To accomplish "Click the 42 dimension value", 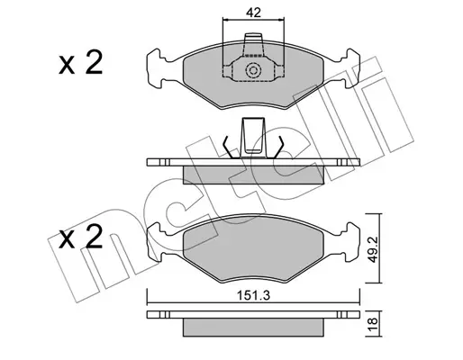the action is [x=253, y=13].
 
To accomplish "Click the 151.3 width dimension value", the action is [x=254, y=295].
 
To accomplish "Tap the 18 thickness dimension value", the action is [x=372, y=323].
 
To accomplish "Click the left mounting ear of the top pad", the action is [x=157, y=68].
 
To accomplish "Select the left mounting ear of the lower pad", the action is [x=157, y=242].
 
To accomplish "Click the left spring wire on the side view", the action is [x=228, y=147].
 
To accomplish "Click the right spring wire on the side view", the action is [x=278, y=147].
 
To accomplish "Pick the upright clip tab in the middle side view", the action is [x=253, y=138].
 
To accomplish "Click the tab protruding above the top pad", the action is [x=253, y=44].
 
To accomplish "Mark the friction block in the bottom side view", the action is [x=253, y=328].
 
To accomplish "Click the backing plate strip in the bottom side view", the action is [x=253, y=314].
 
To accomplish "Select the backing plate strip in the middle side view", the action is [x=253, y=162].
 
